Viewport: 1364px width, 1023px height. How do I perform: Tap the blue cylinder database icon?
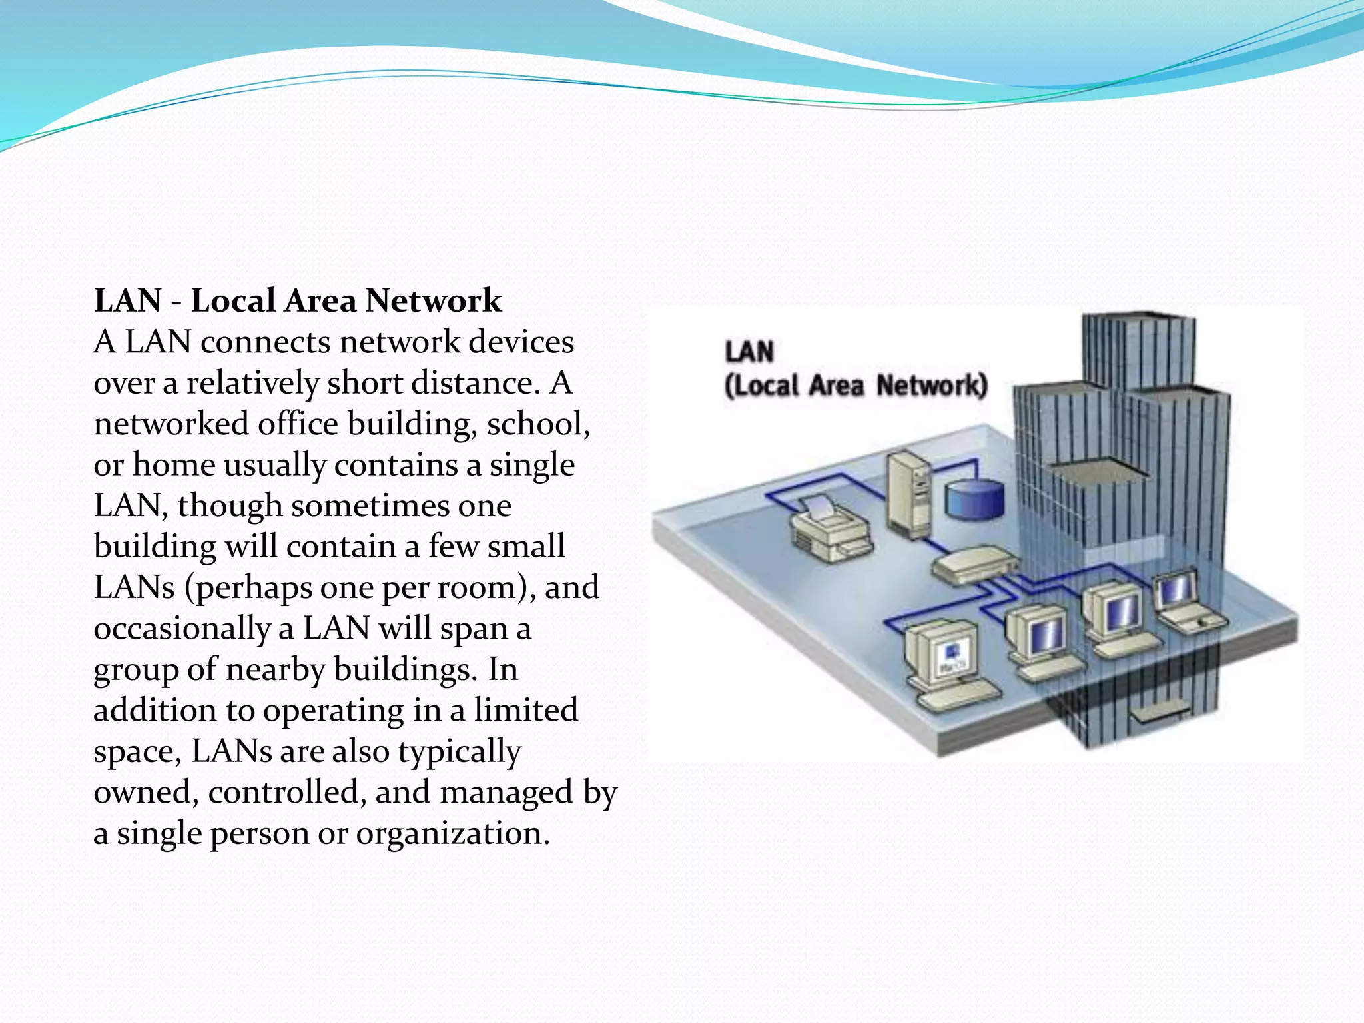pos(974,500)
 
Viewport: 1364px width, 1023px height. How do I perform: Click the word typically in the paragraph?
pos(460,752)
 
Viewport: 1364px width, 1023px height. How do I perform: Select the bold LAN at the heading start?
pos(128,301)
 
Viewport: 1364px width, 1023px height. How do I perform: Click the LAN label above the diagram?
pos(749,351)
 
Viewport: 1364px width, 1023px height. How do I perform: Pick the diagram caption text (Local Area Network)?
pos(856,386)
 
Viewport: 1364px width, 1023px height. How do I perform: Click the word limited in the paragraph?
pos(525,711)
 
